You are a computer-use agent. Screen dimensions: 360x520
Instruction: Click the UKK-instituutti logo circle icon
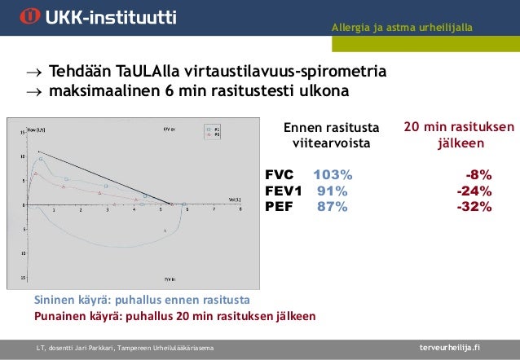(x=30, y=17)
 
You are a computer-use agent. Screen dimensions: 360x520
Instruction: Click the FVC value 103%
(x=333, y=175)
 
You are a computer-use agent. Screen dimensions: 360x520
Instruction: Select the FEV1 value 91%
(x=332, y=191)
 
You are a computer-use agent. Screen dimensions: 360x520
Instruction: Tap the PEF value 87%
(x=332, y=206)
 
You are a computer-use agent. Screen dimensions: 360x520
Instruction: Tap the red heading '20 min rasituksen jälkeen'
(x=458, y=135)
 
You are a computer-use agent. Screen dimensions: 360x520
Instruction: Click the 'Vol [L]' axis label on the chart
(x=233, y=198)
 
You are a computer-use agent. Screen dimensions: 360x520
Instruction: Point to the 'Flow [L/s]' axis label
(x=35, y=129)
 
